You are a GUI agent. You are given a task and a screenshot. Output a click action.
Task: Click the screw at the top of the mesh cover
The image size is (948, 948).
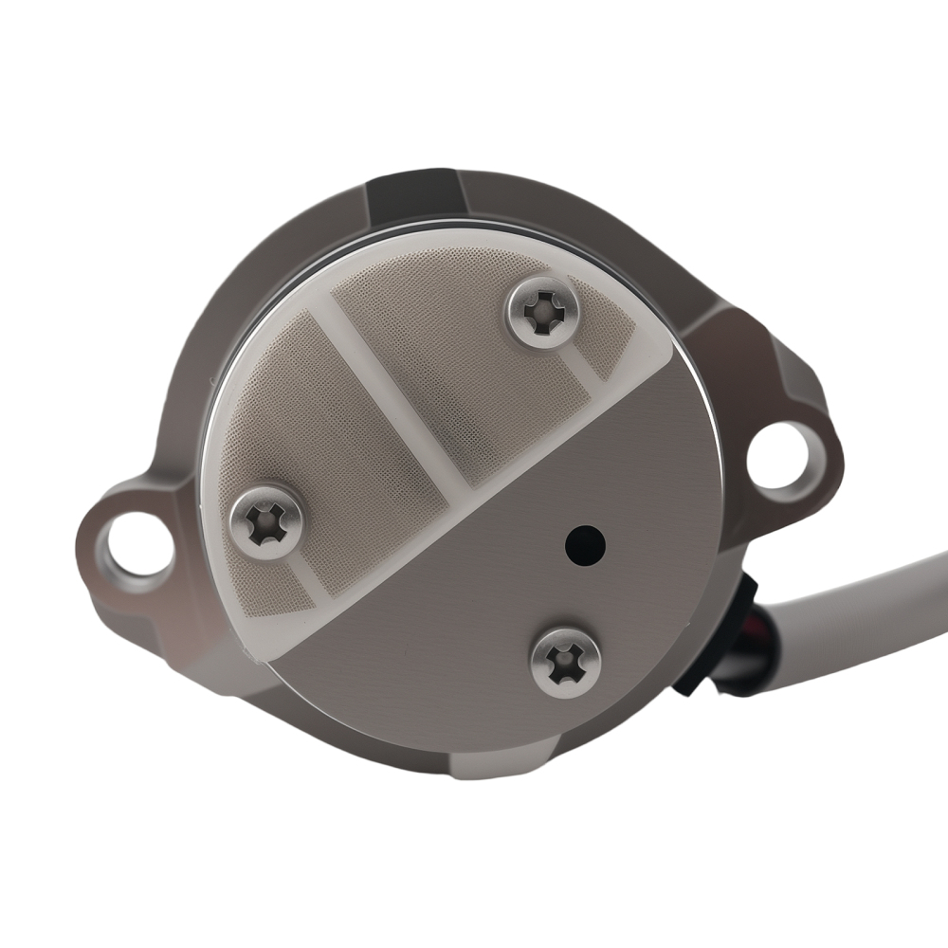tap(541, 314)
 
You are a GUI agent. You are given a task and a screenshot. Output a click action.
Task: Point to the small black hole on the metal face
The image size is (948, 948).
tap(585, 543)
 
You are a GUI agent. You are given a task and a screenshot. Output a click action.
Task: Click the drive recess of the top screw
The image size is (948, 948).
tap(543, 312)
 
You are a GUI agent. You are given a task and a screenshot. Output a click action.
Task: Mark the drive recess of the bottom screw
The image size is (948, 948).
tap(566, 661)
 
